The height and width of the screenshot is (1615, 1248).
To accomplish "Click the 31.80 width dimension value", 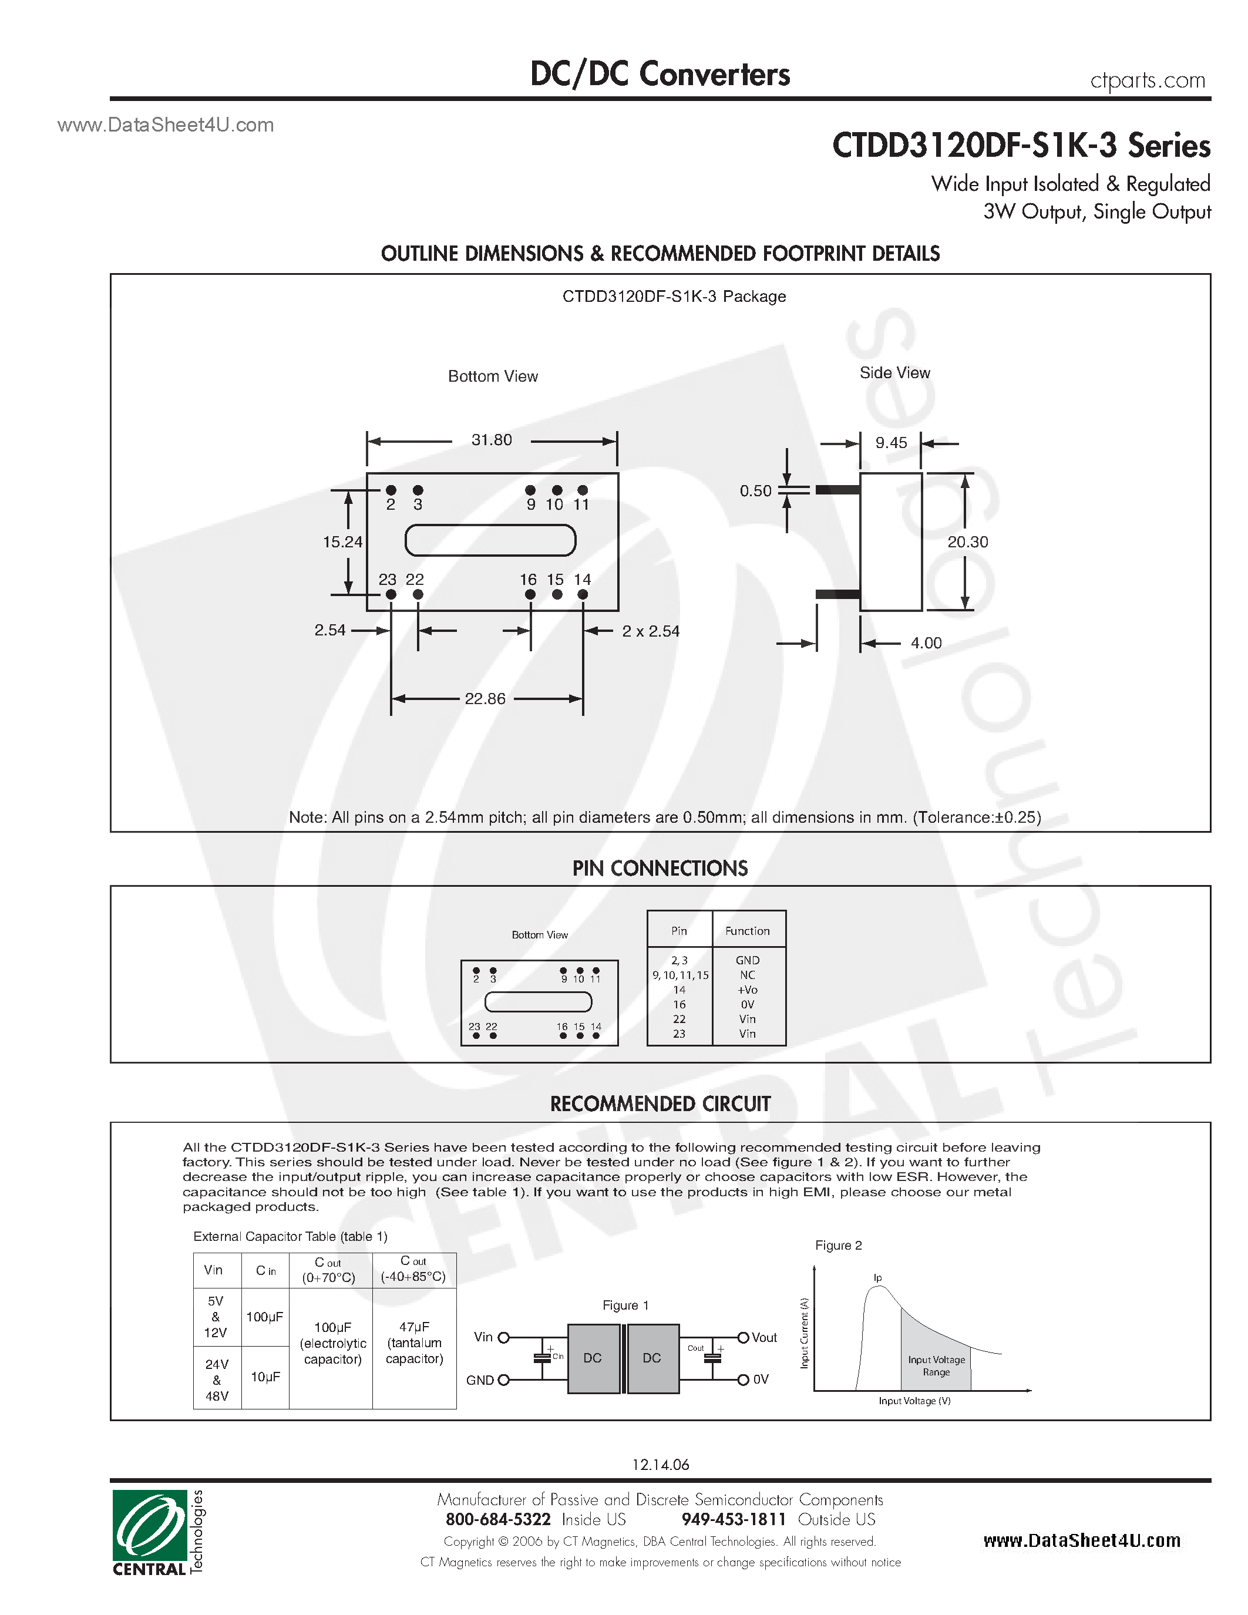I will tap(492, 440).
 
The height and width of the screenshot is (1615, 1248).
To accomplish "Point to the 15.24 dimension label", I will tap(342, 542).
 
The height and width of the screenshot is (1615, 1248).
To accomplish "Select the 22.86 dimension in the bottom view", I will tap(485, 699).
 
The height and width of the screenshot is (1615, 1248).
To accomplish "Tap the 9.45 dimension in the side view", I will tap(891, 443).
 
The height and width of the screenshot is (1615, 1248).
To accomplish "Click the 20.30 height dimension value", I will tap(967, 542).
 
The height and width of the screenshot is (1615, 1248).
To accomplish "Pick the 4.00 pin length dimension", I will tap(926, 643).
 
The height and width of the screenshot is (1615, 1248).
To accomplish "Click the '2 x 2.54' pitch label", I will tap(650, 631).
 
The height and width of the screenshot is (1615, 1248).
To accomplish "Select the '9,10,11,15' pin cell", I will tap(679, 975).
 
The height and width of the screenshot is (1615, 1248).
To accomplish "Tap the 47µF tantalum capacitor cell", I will tap(414, 1343).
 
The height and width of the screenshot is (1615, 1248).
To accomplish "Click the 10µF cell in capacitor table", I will tap(265, 1377).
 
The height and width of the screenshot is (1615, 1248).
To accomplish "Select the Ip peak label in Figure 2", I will tap(877, 1278).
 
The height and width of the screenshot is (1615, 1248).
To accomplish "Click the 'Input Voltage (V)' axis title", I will tap(914, 1401).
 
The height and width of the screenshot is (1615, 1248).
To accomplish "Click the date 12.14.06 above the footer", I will tap(660, 1464).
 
